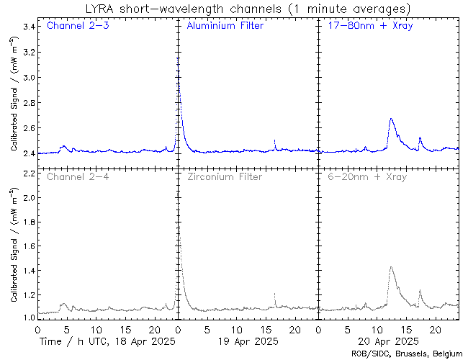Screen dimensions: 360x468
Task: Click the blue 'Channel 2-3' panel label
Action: click(78, 27)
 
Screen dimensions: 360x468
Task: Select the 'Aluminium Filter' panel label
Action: click(225, 27)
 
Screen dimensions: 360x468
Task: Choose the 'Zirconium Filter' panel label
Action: click(224, 176)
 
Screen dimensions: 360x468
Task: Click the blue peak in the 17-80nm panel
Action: click(390, 119)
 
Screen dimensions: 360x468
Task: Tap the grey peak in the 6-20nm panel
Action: click(390, 267)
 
